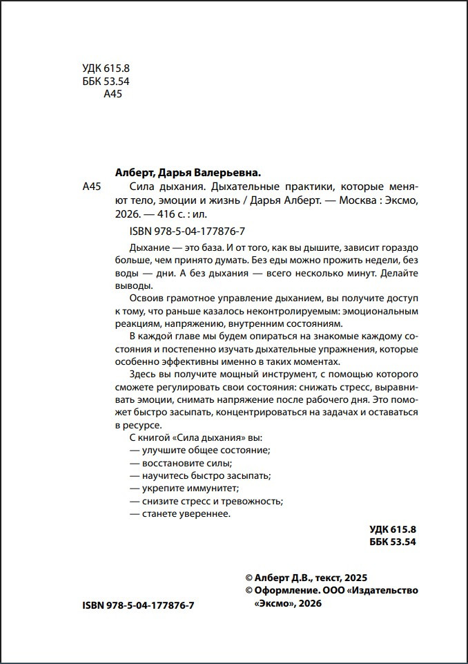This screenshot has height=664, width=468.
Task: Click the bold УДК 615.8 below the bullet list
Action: (x=393, y=529)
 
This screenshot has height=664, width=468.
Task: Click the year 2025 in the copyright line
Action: (x=356, y=578)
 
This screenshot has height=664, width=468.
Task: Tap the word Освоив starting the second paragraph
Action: (x=144, y=299)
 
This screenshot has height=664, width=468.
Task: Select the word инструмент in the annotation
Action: (x=262, y=374)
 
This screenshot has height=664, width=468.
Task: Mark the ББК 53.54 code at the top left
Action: (x=101, y=81)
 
